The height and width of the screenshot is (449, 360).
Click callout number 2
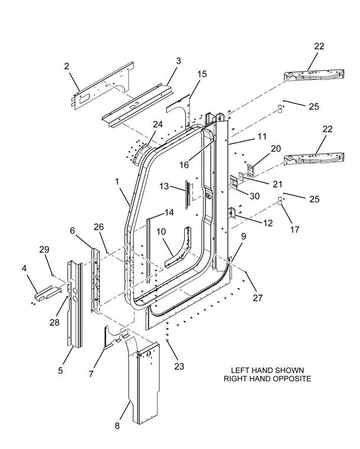[x=66, y=67]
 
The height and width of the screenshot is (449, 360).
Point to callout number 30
[x=254, y=196]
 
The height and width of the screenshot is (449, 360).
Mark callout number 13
[x=165, y=187]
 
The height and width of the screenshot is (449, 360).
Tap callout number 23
[x=179, y=366]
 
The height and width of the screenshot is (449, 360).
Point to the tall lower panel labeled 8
[x=143, y=384]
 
